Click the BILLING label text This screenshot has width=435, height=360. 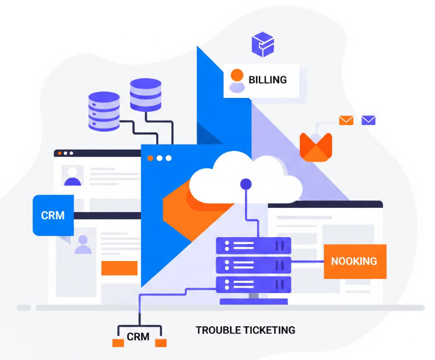click(x=268, y=80)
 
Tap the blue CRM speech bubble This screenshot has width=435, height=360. click(x=53, y=216)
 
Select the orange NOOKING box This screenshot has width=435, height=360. click(x=355, y=262)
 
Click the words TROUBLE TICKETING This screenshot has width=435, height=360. click(x=245, y=330)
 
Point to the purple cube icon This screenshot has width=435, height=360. click(x=263, y=44)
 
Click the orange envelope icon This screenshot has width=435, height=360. click(x=346, y=120)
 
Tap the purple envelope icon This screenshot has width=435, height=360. click(x=369, y=120)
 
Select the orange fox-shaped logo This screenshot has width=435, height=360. click(x=315, y=147)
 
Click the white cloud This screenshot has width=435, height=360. click(x=245, y=177)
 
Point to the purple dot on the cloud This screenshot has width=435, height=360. click(x=246, y=184)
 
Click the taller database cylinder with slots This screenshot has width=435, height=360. click(x=104, y=111)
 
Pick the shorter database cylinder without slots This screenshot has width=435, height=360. click(x=146, y=95)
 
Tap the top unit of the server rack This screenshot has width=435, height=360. click(x=254, y=246)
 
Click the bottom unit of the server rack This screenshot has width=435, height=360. click(x=254, y=285)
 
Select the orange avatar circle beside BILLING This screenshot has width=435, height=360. click(x=237, y=75)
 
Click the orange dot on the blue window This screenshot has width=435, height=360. click(x=150, y=158)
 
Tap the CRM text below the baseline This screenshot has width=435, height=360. click(x=138, y=337)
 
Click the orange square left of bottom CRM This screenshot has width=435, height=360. click(x=118, y=343)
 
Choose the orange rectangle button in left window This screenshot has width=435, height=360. click(x=120, y=268)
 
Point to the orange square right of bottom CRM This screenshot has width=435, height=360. click(x=161, y=343)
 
